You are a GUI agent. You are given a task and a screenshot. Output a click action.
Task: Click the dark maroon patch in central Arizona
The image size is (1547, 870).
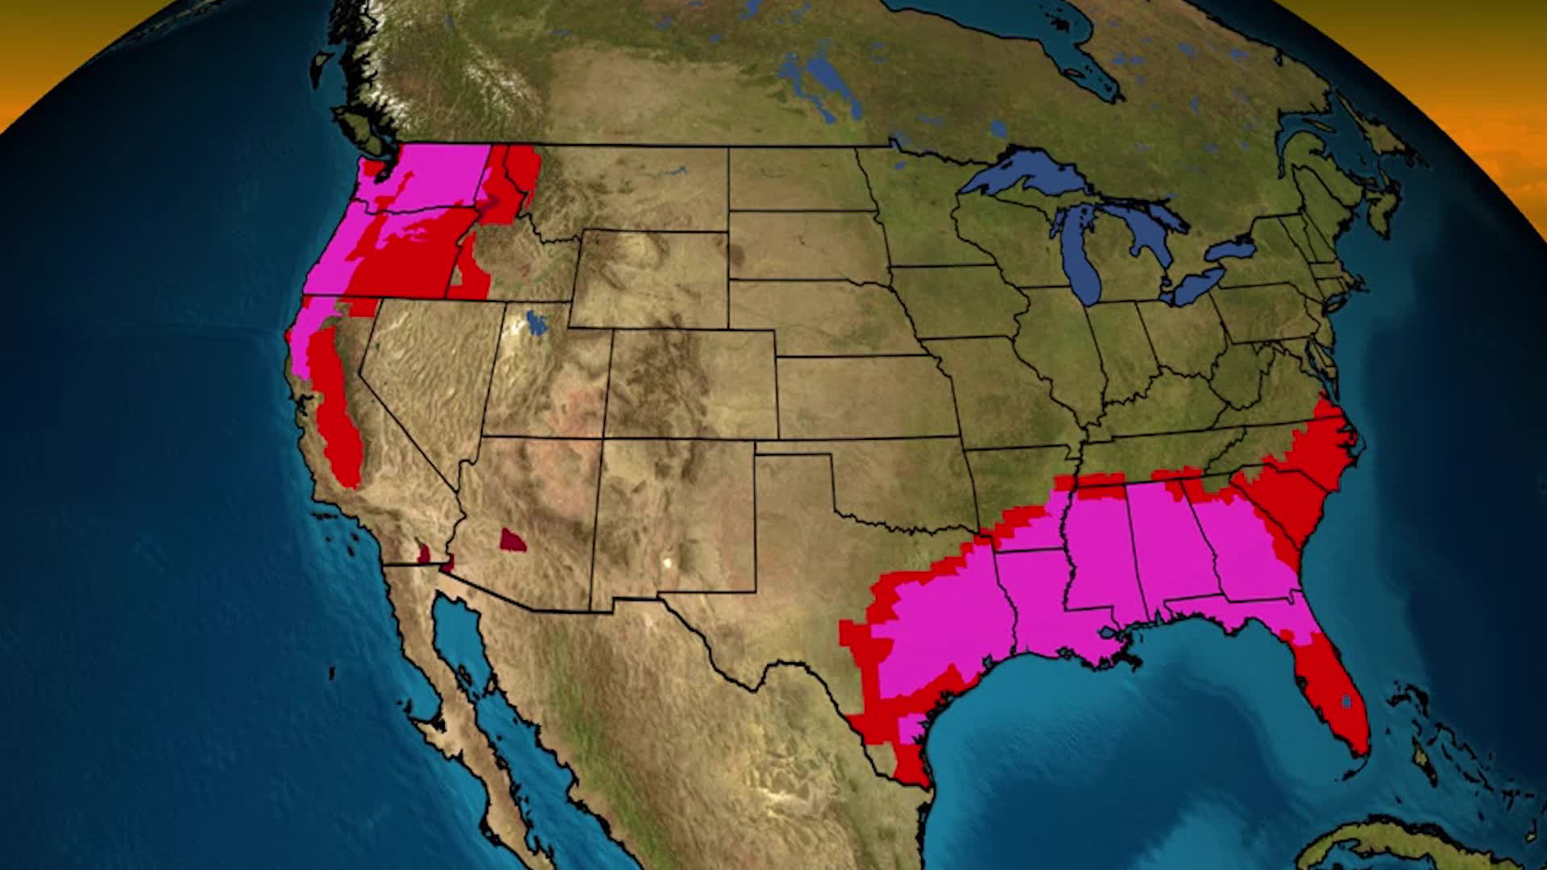pyautogui.click(x=512, y=540)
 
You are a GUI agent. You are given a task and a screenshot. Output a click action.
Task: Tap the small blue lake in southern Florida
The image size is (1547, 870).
pyautogui.click(x=1346, y=701)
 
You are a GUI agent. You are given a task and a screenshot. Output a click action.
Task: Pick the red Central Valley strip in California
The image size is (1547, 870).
pyautogui.click(x=338, y=419)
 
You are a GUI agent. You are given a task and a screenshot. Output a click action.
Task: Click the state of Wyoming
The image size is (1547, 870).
pyautogui.click(x=649, y=279)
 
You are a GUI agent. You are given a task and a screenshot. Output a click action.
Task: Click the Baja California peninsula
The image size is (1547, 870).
pyautogui.click(x=451, y=685)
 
